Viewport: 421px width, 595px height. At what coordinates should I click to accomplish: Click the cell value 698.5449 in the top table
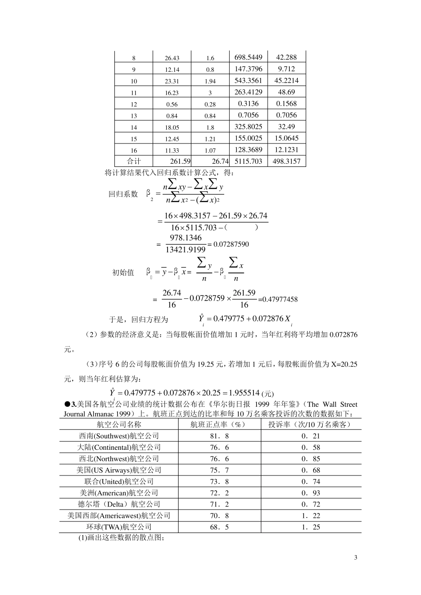click(x=248, y=57)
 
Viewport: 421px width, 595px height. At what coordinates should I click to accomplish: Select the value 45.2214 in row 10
click(x=286, y=81)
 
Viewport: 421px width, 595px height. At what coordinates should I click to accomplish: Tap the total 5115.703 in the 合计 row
click(x=248, y=162)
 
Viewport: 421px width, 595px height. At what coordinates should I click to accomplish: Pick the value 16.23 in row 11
click(x=172, y=93)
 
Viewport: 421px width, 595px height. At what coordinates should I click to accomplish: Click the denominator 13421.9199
click(x=185, y=250)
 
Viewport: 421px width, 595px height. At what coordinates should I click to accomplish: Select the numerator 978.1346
click(x=185, y=238)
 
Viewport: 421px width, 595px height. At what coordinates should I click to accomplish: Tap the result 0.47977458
click(x=280, y=300)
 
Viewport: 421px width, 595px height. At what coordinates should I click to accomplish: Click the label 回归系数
click(x=123, y=194)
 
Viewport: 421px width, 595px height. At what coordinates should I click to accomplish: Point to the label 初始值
click(x=123, y=273)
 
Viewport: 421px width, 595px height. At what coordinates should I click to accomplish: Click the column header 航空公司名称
click(x=119, y=424)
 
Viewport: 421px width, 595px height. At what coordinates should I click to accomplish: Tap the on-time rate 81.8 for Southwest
click(x=219, y=436)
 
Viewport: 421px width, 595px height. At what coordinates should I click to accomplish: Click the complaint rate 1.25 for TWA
click(x=311, y=527)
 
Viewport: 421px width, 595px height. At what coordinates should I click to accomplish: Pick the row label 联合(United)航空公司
click(x=119, y=482)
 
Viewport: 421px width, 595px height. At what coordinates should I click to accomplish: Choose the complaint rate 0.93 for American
click(x=311, y=493)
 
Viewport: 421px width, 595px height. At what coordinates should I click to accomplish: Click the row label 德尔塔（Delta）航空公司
click(x=119, y=504)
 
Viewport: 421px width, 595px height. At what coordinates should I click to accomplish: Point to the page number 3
click(x=355, y=557)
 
